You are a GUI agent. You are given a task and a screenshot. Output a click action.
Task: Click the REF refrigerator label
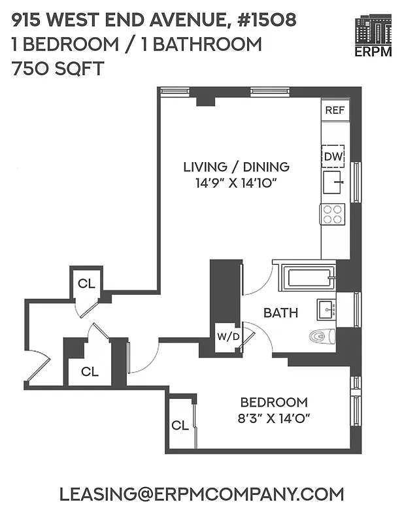click(335, 110)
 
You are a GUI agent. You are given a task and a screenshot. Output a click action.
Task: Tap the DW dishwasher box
click(333, 156)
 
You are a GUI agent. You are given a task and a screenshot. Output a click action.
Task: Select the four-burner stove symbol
click(332, 214)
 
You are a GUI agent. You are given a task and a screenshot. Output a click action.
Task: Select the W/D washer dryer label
click(227, 337)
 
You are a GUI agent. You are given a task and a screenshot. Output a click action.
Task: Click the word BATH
click(280, 313)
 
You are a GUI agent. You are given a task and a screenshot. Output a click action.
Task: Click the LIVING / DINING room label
click(236, 167)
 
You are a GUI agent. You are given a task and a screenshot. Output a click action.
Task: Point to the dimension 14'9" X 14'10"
click(236, 184)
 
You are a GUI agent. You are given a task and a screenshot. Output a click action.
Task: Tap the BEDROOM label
click(273, 402)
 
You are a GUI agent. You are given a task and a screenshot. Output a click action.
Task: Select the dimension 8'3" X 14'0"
click(273, 418)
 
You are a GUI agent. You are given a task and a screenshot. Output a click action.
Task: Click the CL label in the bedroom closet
click(180, 426)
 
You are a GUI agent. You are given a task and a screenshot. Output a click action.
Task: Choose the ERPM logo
click(373, 37)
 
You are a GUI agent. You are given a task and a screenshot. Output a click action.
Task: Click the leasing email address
click(201, 494)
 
